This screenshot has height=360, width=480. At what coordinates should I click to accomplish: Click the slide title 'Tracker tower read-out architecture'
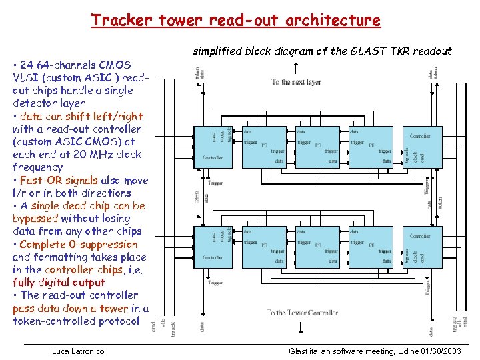pos(235,21)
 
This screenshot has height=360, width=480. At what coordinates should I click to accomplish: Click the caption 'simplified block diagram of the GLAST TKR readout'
pos(322,51)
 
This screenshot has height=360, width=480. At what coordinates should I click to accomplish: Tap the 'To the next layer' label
pos(295,82)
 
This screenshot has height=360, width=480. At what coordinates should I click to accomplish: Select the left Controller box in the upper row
pos(213,147)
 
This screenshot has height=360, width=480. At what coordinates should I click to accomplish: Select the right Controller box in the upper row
pos(419,147)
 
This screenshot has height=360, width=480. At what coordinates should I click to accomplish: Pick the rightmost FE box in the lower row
pos(371,246)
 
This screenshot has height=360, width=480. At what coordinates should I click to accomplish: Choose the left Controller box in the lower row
pos(213,246)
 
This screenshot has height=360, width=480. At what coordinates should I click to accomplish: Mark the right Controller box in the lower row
pos(419,246)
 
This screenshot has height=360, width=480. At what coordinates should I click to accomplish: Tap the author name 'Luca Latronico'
pos(78,351)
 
